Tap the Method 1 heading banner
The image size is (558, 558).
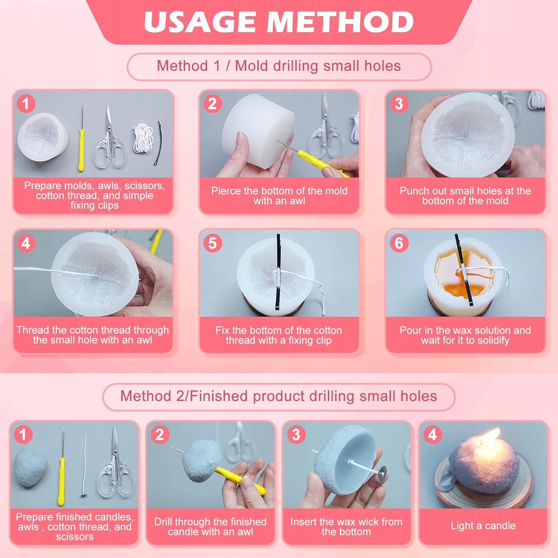[279, 67]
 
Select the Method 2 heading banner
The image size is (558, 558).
[279, 397]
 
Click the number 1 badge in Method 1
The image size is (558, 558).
[26, 103]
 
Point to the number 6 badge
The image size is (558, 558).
[399, 243]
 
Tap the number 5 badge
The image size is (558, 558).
[212, 243]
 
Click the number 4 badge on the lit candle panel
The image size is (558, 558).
[432, 434]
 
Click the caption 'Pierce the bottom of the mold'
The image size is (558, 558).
[279, 191]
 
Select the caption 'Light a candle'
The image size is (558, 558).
[483, 526]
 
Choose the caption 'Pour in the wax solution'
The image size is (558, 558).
[465, 330]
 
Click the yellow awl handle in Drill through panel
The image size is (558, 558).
[240, 480]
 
